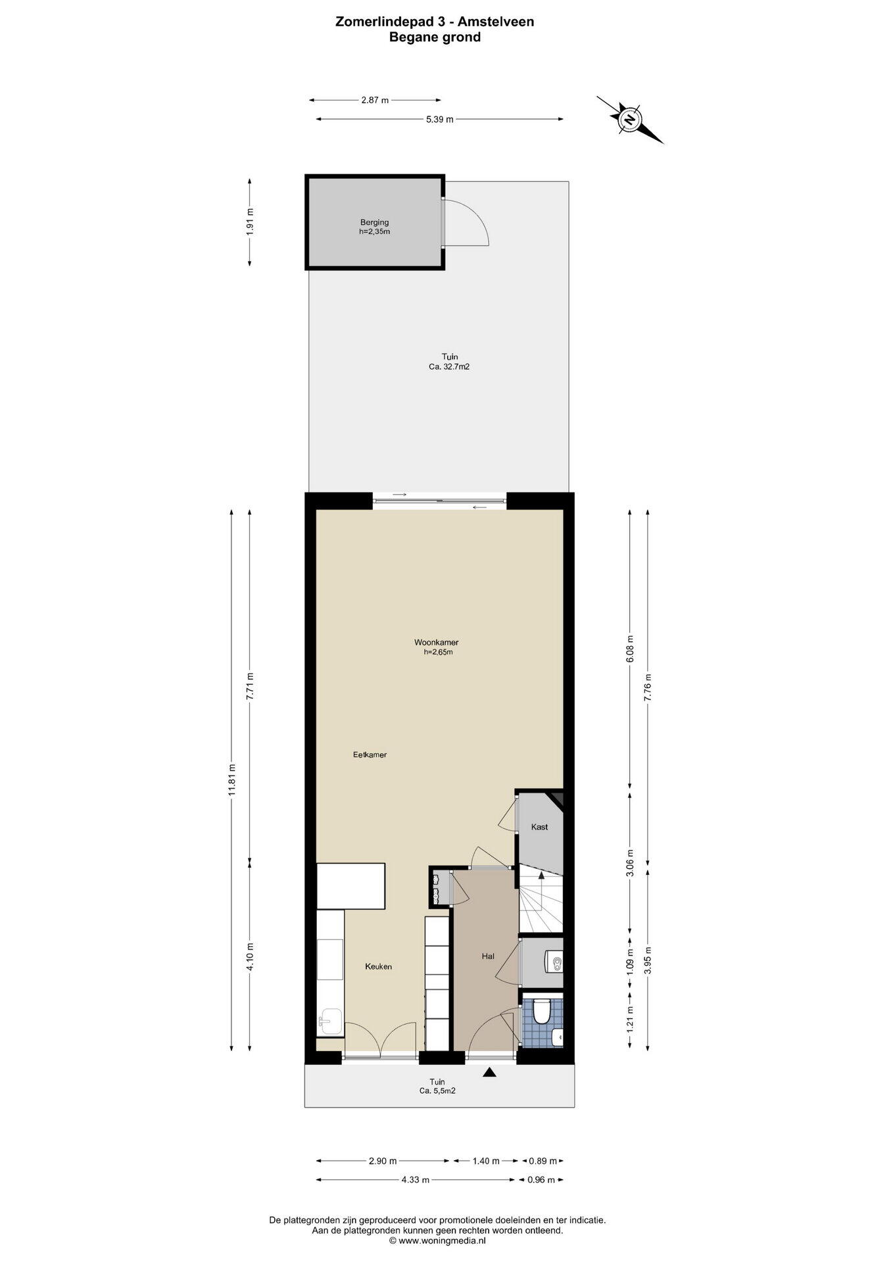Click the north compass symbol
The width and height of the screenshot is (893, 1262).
pyautogui.click(x=630, y=120)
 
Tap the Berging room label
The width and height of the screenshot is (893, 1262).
pyautogui.click(x=374, y=222)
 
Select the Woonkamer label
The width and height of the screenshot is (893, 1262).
pyautogui.click(x=436, y=642)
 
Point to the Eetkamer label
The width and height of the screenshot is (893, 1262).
pyautogui.click(x=370, y=755)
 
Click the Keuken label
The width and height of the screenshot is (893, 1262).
pyautogui.click(x=379, y=967)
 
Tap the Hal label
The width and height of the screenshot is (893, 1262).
pyautogui.click(x=488, y=956)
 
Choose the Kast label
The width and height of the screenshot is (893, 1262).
pyautogui.click(x=539, y=827)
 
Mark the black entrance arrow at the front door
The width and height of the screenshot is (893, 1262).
pyautogui.click(x=489, y=1073)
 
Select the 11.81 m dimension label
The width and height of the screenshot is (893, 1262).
pyautogui.click(x=231, y=780)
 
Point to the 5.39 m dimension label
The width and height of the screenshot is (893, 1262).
pyautogui.click(x=440, y=119)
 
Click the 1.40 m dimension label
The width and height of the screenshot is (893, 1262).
pyautogui.click(x=486, y=1161)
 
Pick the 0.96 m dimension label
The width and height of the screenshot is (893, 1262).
pyautogui.click(x=541, y=1180)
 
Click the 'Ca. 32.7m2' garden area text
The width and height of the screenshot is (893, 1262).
pyautogui.click(x=449, y=367)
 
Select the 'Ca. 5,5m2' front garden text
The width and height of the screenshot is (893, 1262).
pyautogui.click(x=437, y=1091)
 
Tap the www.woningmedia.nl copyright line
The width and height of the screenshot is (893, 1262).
pyautogui.click(x=437, y=1240)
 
